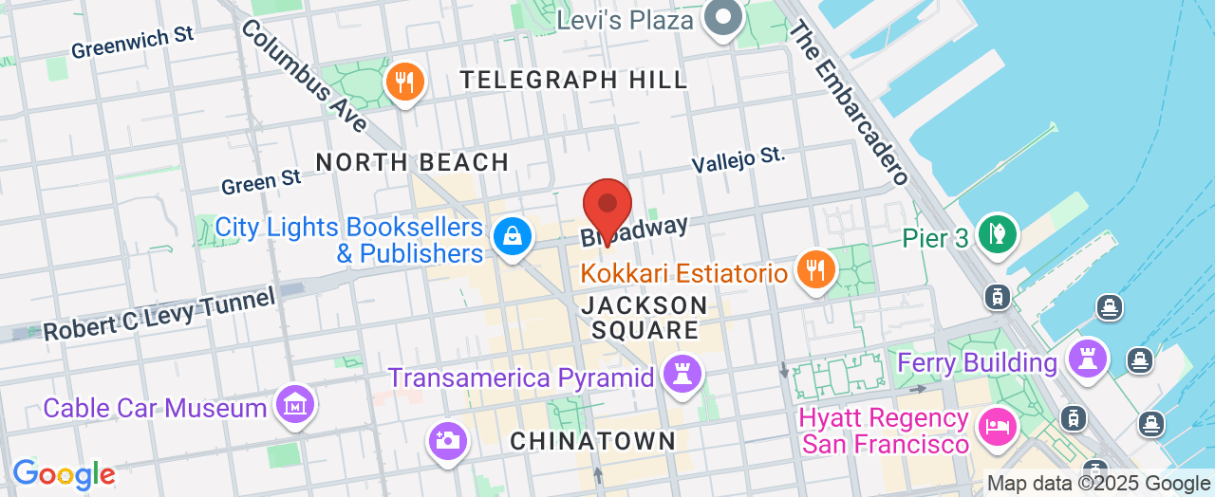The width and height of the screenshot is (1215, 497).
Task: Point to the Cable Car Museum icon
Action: tap(295, 405)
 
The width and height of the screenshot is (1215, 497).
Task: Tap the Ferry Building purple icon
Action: tap(1088, 359)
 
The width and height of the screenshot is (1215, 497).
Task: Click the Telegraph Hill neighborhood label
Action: tap(574, 80)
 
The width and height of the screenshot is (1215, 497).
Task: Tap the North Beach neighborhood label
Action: tap(413, 162)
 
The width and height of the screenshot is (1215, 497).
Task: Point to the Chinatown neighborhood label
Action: tap(592, 441)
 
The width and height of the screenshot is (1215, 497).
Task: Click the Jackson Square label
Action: tap(644, 318)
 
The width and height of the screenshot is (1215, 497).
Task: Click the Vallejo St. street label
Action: tap(738, 159)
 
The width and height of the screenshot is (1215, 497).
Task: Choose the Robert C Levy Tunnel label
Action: tap(159, 313)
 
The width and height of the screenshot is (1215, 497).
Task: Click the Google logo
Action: tap(64, 474)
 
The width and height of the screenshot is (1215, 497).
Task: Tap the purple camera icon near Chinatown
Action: tap(447, 439)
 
